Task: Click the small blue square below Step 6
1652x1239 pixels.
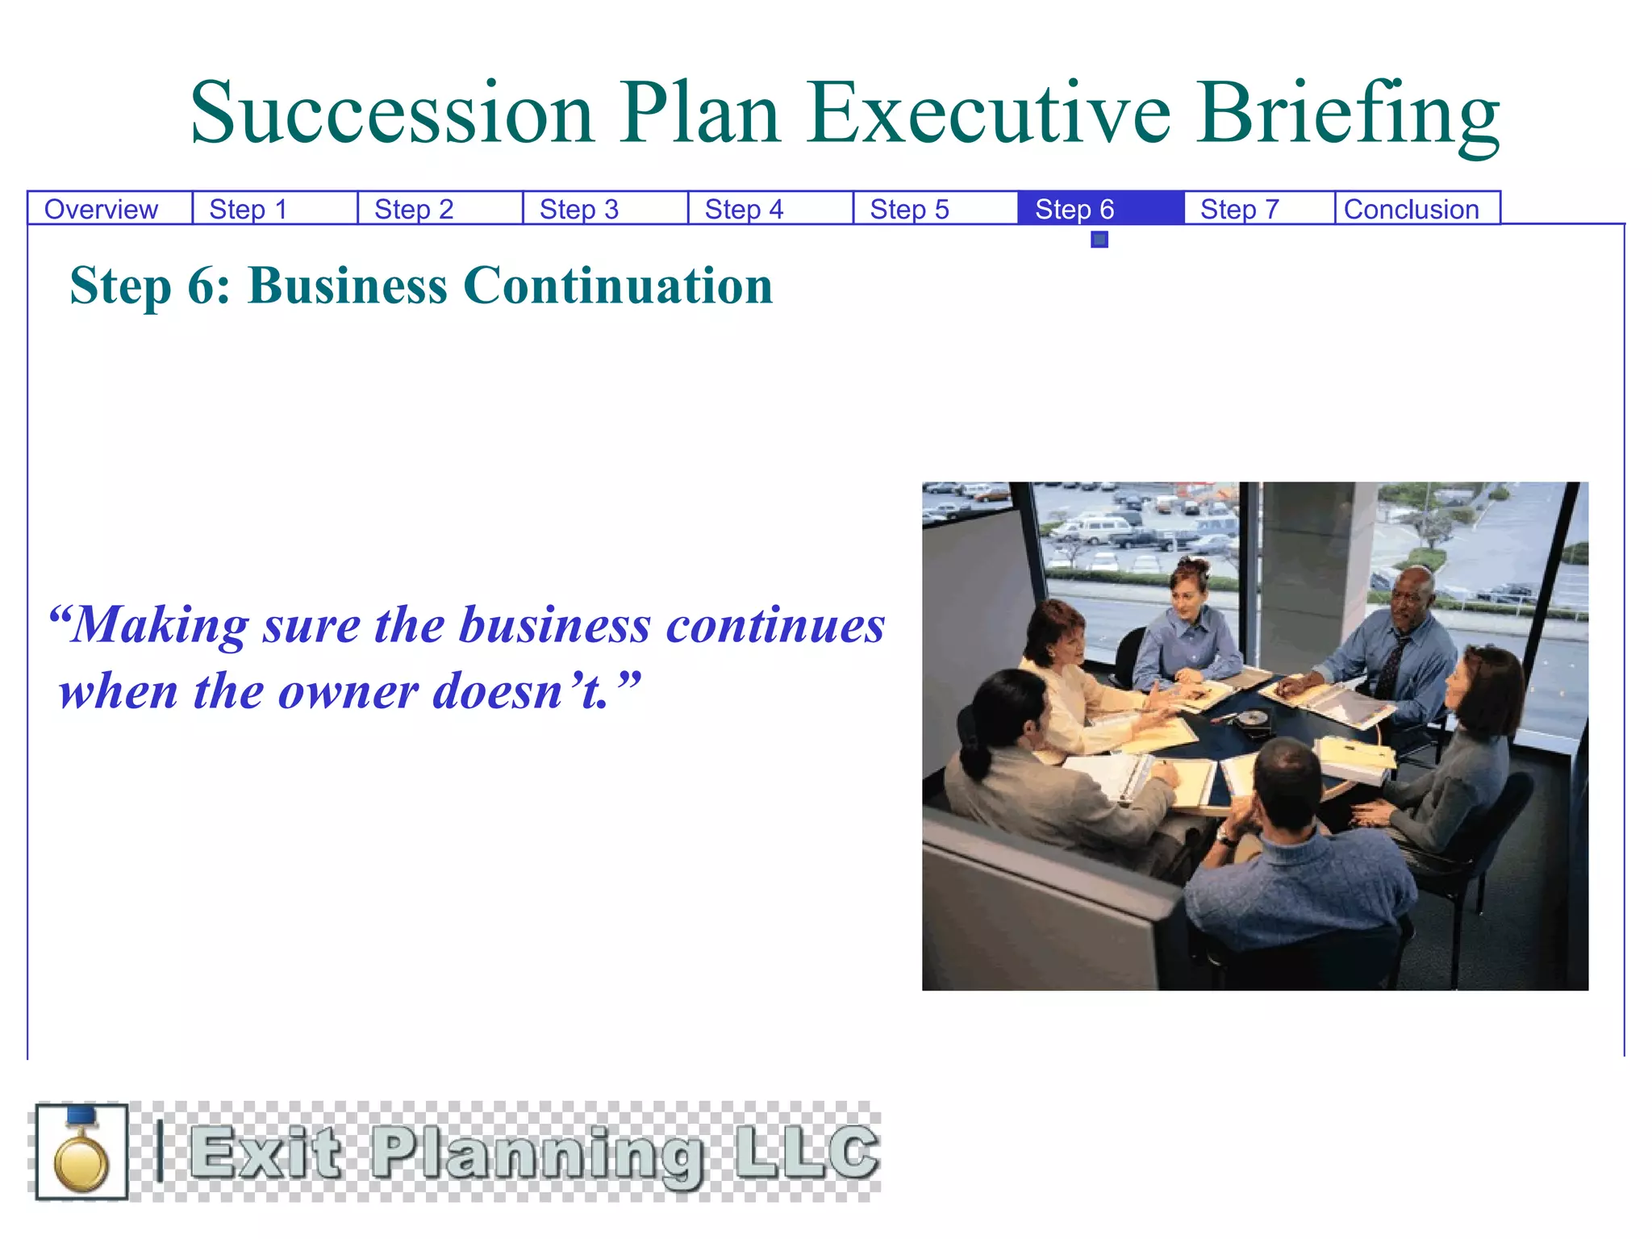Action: [x=1099, y=240]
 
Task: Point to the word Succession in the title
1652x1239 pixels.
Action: [x=393, y=115]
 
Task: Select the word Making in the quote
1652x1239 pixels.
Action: [x=160, y=625]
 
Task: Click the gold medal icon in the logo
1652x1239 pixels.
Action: [x=81, y=1152]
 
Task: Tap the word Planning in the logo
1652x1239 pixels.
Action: [x=536, y=1153]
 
